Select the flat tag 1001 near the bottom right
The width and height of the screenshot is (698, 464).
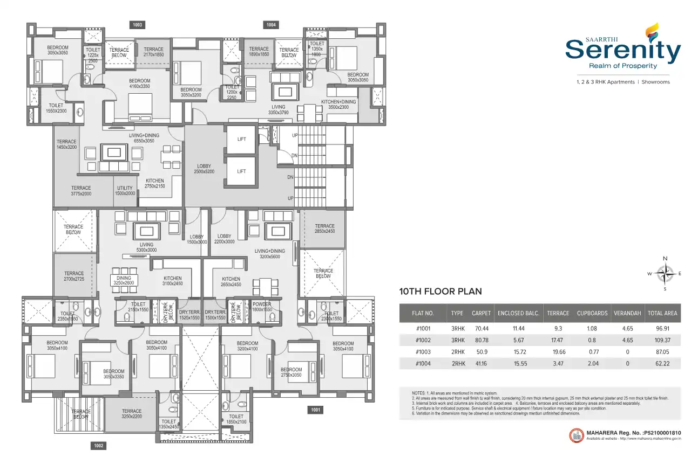click(x=316, y=410)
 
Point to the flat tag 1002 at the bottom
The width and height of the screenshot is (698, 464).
click(x=98, y=446)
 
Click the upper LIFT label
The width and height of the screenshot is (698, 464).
click(x=241, y=139)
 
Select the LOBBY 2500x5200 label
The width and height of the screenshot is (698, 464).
click(x=204, y=169)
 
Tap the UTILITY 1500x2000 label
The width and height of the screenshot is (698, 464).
click(x=125, y=191)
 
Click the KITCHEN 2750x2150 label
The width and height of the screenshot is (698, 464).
click(x=155, y=184)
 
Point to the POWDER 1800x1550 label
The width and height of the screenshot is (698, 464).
click(x=262, y=307)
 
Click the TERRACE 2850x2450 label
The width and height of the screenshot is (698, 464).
click(x=324, y=228)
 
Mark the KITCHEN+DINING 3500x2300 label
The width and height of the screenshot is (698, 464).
click(x=338, y=105)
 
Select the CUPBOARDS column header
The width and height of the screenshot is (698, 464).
click(x=592, y=313)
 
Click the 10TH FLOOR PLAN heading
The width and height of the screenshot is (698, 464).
click(x=440, y=292)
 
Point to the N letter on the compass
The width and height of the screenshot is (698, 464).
click(x=665, y=259)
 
